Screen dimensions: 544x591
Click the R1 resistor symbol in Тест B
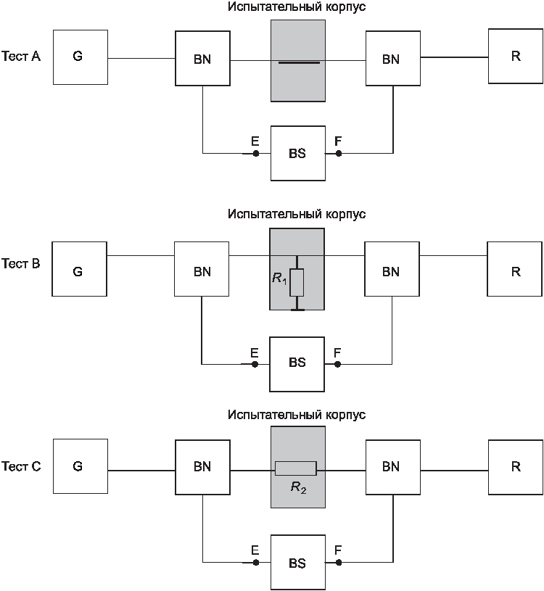click(297, 282)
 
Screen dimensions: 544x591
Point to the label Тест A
click(21, 56)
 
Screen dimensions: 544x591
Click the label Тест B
click(21, 263)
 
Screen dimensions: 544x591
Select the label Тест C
click(21, 466)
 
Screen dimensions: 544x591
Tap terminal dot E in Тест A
click(256, 154)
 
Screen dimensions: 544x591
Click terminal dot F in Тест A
click(339, 154)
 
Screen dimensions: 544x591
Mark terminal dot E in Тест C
click(256, 562)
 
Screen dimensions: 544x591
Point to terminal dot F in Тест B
click(337, 364)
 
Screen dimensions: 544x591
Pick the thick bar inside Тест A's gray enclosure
click(299, 62)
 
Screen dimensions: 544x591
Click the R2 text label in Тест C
click(299, 488)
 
